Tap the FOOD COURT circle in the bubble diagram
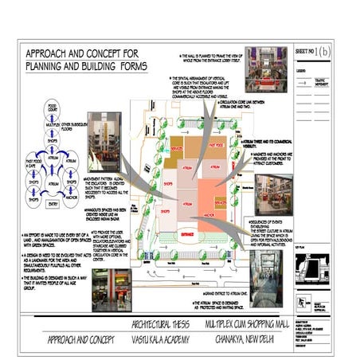[x=52, y=107]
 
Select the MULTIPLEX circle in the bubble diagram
[x=53, y=126]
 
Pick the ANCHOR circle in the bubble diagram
[x=71, y=190]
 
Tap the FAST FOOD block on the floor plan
[x=216, y=147]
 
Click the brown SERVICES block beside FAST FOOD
[x=178, y=148]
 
